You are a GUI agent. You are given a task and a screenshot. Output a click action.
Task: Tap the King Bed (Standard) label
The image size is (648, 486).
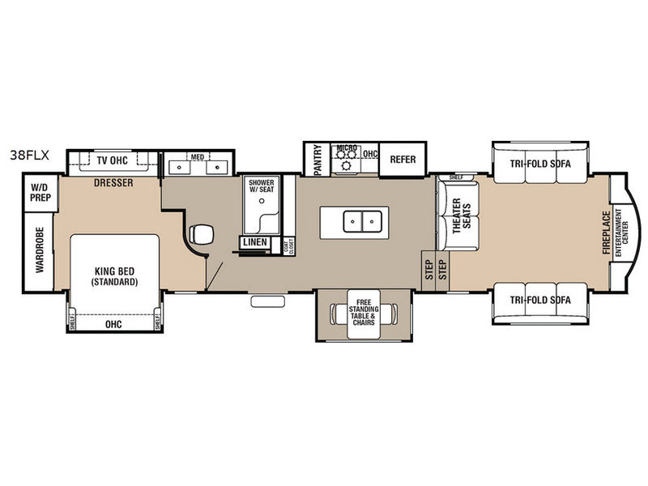pos(113,276)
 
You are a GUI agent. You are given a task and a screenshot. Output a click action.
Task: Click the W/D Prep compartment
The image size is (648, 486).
pos(39,196)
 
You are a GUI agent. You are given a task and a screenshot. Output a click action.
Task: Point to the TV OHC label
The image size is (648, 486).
pos(113,160)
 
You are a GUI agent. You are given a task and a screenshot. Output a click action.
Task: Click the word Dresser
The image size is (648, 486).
pos(113,183)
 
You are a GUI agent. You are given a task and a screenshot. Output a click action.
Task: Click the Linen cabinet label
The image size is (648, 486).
pos(255,242)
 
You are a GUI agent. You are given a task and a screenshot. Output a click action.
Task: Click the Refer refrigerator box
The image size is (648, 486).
pos(403,160)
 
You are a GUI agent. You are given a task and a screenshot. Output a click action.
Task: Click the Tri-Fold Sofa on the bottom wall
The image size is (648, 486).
pos(540,300)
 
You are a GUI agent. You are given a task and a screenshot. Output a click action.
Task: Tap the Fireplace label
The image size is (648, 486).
pos(607,232)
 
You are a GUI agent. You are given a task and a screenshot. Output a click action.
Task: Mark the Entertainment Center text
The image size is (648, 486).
pos(619,232)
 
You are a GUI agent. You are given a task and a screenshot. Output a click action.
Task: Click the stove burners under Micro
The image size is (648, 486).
pos(348,164)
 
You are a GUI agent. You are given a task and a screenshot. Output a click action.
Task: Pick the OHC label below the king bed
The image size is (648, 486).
pos(113,323)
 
